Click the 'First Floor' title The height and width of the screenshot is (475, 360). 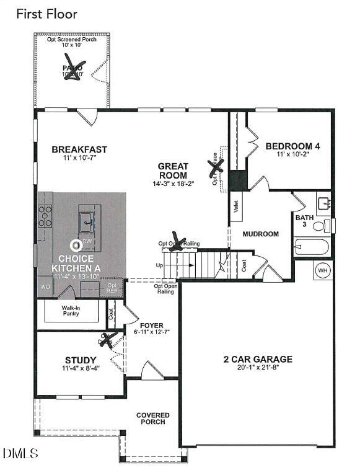[x=46, y=13]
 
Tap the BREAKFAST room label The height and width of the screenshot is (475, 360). [x=79, y=149]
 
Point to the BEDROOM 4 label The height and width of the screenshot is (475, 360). [x=292, y=146]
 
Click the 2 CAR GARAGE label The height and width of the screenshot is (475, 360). [x=258, y=359]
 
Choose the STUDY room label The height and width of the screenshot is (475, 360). [x=81, y=360]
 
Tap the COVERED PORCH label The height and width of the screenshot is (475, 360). [x=153, y=419]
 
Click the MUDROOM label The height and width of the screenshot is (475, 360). [x=260, y=234]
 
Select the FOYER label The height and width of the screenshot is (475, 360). [x=152, y=326]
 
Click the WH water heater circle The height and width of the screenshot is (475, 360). [x=323, y=270]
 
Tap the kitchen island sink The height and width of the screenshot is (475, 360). [x=86, y=220]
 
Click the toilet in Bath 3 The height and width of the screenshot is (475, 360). [x=321, y=226]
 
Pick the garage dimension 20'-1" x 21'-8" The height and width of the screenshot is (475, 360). [x=258, y=368]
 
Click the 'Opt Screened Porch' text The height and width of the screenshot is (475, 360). [x=72, y=40]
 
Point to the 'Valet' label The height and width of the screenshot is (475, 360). [x=236, y=207]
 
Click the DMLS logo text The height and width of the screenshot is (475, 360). [x=20, y=454]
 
